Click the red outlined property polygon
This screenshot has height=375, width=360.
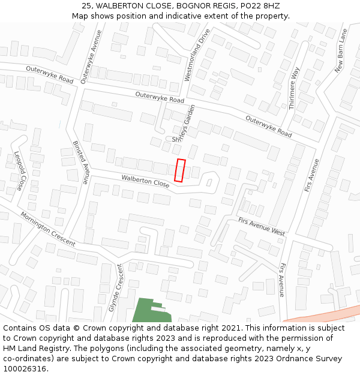pos(179,170)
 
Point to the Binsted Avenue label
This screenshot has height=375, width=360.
pos(80,162)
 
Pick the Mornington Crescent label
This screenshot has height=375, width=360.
pos(47,229)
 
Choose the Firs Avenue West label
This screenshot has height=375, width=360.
pos(261,227)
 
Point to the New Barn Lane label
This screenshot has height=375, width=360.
pos(341,50)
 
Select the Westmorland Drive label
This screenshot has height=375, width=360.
pos(197,55)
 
